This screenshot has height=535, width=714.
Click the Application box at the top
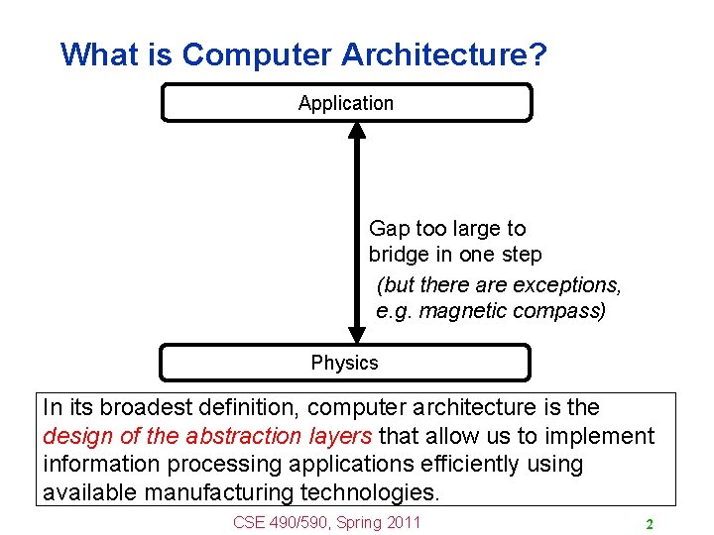[346, 103]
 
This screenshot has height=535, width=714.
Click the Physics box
[345, 363]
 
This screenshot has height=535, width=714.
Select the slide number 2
[649, 524]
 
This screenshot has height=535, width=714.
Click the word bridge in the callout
[400, 256]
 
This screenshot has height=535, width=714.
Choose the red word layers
[339, 436]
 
